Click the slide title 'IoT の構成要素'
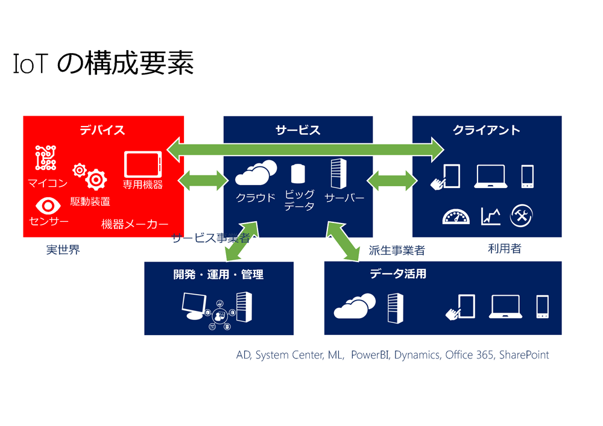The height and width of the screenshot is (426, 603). [x=103, y=63]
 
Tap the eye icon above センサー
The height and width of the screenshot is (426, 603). [x=48, y=206]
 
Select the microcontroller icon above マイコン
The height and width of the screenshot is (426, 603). [x=46, y=157]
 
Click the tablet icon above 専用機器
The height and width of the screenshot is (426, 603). [x=143, y=164]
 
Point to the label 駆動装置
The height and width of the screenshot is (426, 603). [x=90, y=201]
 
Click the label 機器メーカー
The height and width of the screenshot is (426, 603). [x=134, y=224]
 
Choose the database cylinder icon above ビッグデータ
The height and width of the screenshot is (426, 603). [x=298, y=174]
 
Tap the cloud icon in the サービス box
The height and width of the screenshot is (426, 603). [x=256, y=172]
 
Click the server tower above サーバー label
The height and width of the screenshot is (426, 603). [x=339, y=174]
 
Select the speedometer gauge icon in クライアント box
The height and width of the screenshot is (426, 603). [x=456, y=216]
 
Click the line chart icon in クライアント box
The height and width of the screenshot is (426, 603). [x=491, y=216]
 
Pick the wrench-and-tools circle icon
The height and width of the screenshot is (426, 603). [x=522, y=216]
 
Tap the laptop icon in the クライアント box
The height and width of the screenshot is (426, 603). [x=491, y=177]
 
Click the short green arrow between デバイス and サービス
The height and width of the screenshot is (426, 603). [x=203, y=180]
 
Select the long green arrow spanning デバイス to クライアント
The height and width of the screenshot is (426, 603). [x=306, y=150]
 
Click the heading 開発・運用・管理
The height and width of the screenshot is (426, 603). [x=218, y=274]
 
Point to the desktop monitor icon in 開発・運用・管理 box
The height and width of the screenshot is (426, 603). [x=194, y=305]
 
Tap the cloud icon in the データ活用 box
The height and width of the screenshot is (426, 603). [x=355, y=306]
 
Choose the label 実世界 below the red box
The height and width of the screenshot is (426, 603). [x=63, y=249]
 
